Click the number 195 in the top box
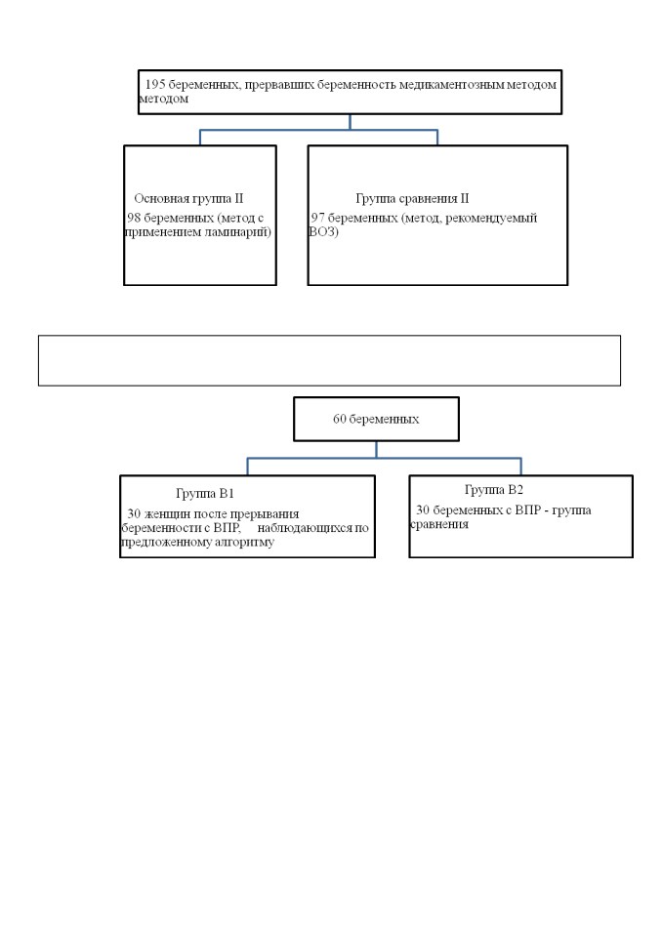155,85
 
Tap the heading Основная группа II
188,198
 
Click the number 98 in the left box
134,218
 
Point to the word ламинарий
237,232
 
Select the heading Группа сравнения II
412,198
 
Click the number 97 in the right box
317,218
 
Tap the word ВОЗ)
323,232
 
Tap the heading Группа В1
205,494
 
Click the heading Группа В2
494,490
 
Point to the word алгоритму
244,543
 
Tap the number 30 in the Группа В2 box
423,510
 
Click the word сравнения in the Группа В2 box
439,525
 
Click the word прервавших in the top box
279,85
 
